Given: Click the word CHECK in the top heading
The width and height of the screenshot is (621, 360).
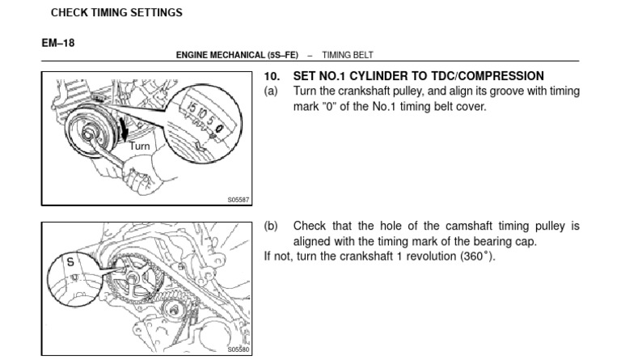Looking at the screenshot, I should pyautogui.click(x=70, y=13).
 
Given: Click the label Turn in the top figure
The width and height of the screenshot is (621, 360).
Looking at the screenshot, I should pyautogui.click(x=139, y=146).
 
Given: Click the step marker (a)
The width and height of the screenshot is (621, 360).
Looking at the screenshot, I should pyautogui.click(x=272, y=91).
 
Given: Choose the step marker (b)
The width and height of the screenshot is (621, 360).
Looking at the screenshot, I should pyautogui.click(x=272, y=227).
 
